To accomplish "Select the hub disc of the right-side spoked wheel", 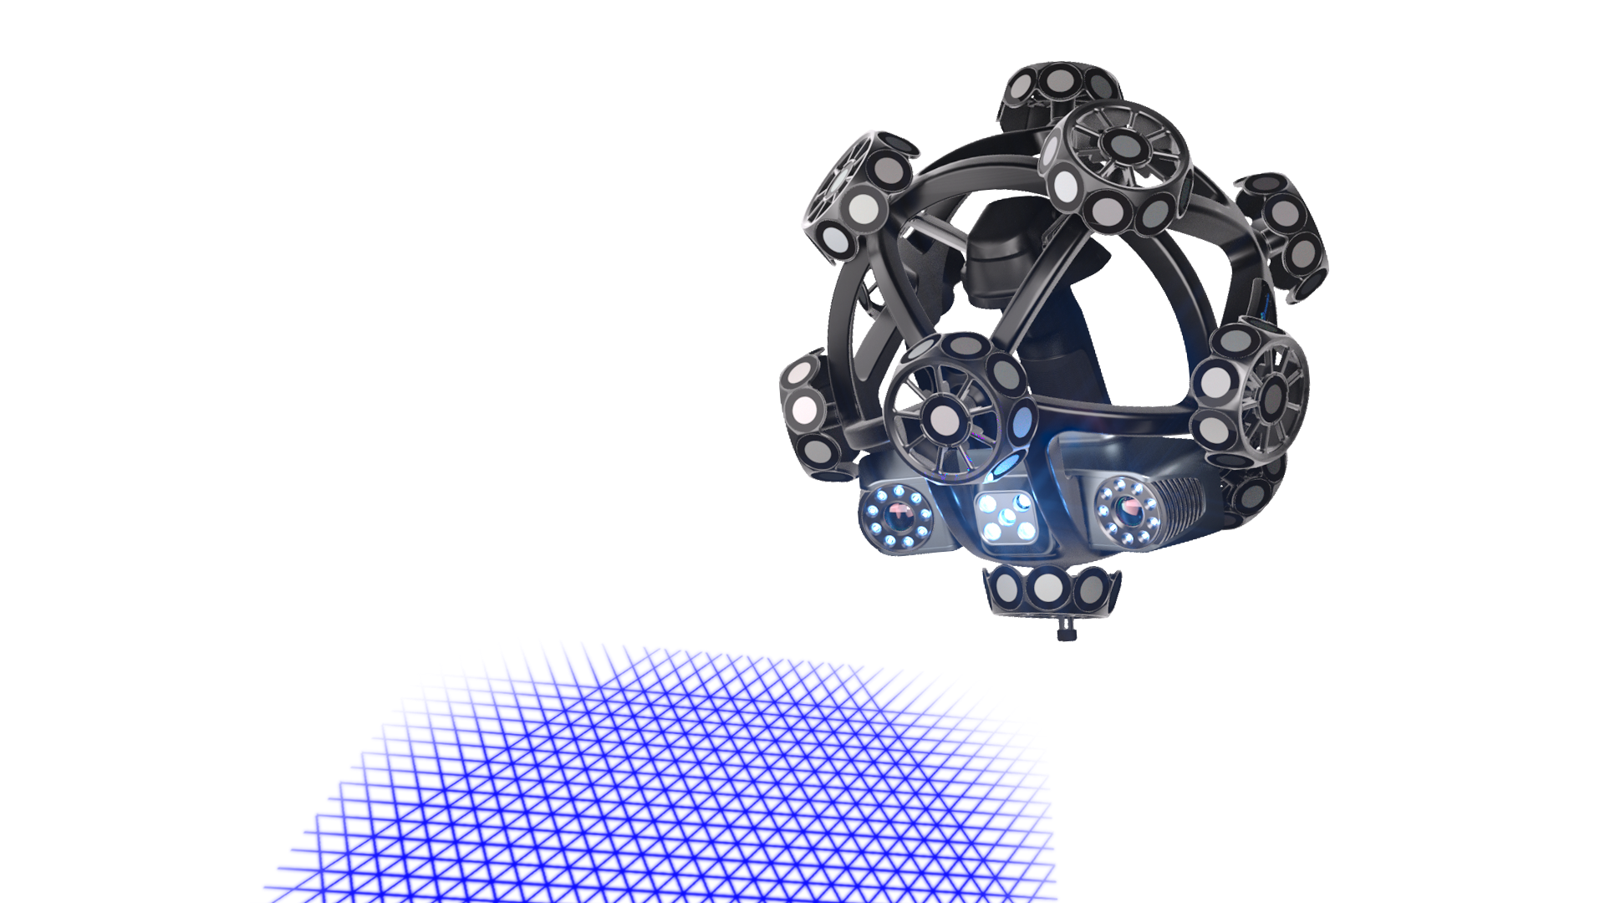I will [x=1271, y=392].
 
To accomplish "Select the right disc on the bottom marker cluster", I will [x=1091, y=589].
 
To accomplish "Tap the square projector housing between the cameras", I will [x=1009, y=519].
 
